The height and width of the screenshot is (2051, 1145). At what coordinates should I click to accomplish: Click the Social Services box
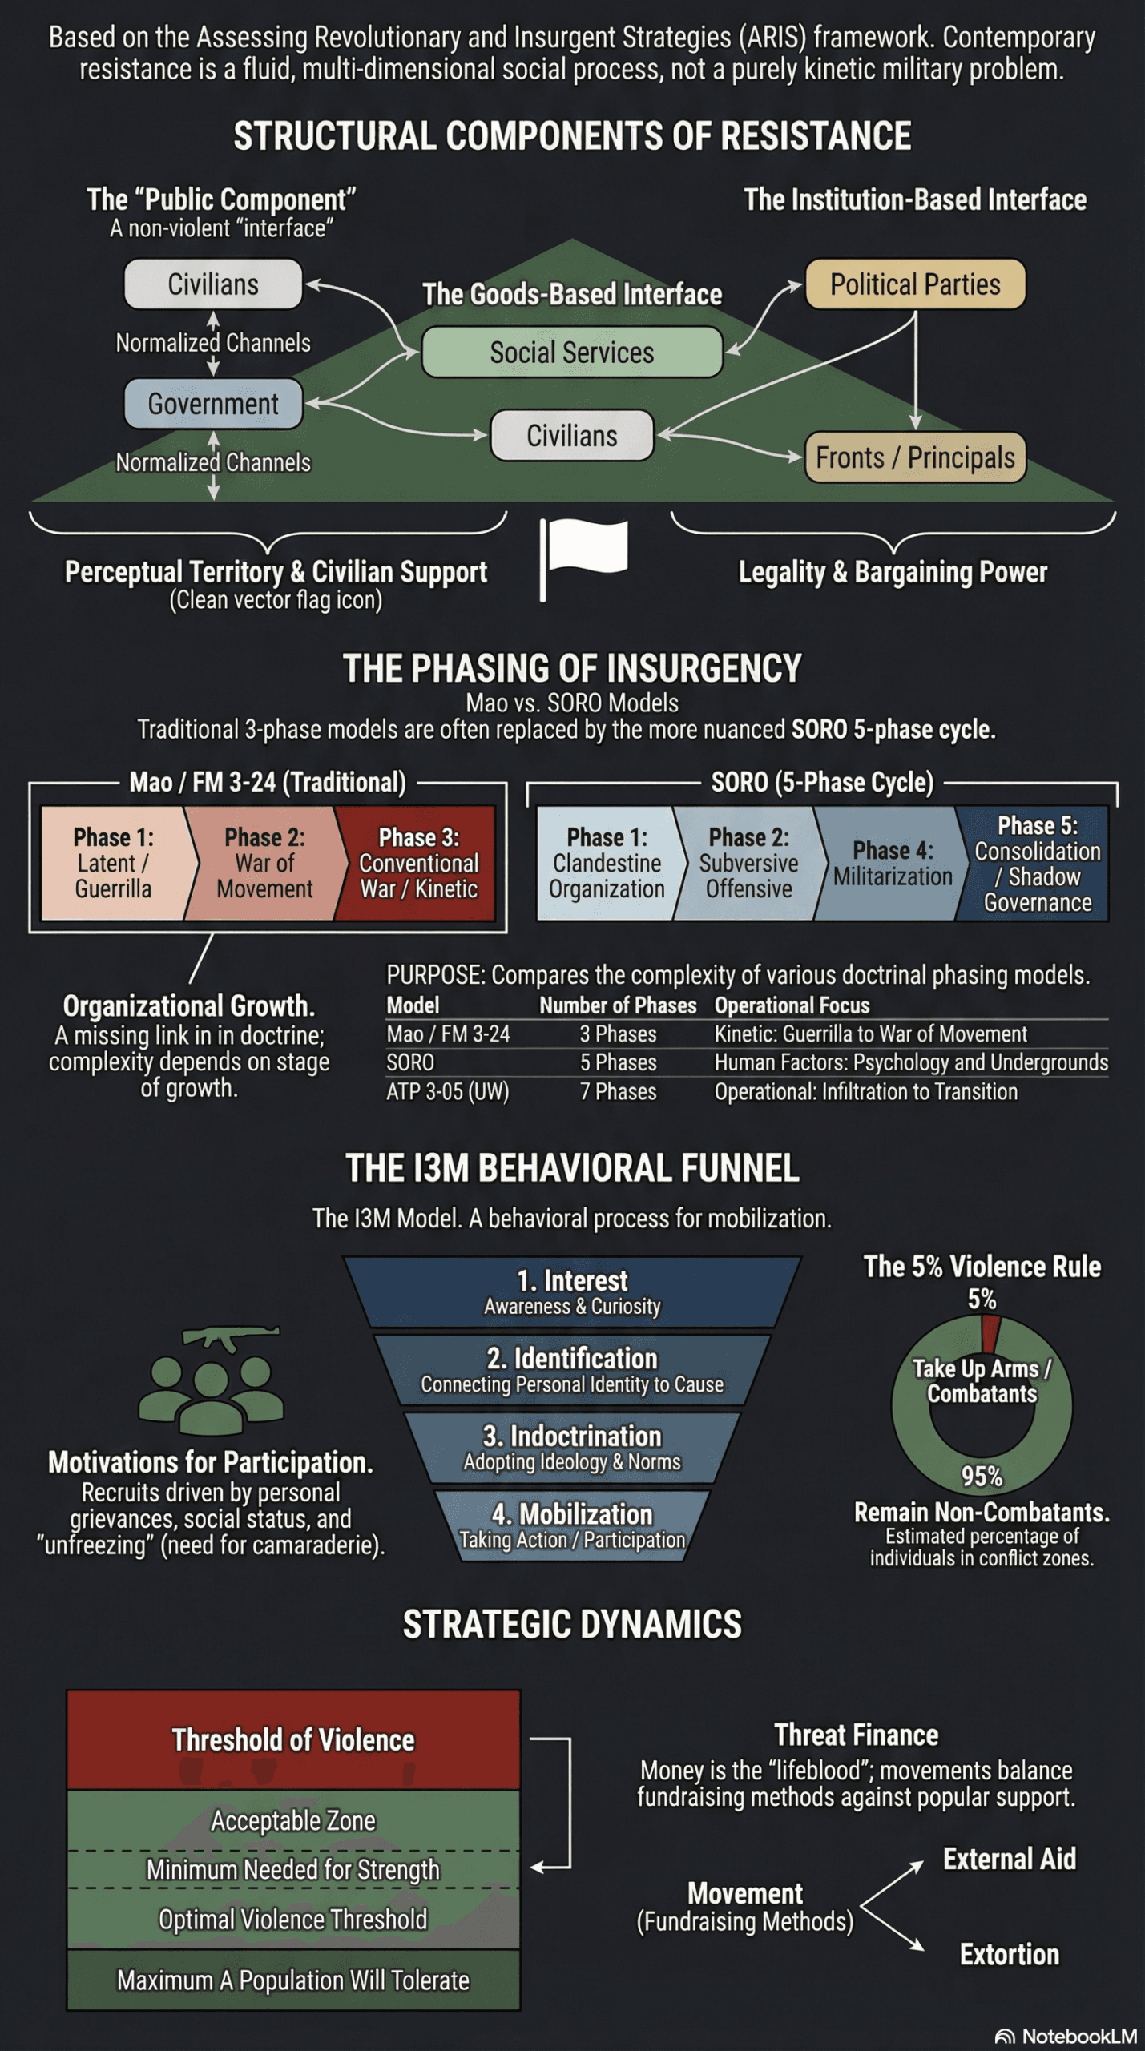(x=572, y=353)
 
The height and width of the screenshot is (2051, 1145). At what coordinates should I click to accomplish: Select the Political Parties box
(x=915, y=284)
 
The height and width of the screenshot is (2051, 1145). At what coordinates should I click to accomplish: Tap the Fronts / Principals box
(x=915, y=458)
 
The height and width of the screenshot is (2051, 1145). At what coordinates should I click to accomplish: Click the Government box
(x=213, y=404)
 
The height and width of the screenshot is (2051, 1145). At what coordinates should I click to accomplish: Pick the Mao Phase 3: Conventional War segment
(x=419, y=864)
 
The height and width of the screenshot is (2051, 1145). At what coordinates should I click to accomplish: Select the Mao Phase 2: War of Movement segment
(x=264, y=864)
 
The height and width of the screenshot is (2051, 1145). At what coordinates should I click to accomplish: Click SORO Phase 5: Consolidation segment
(x=1037, y=864)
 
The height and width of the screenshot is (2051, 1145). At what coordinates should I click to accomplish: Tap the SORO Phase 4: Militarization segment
(x=892, y=864)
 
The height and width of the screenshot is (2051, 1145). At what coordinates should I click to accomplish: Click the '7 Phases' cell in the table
(x=618, y=1091)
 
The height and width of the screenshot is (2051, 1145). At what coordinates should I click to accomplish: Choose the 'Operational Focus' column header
(x=792, y=1005)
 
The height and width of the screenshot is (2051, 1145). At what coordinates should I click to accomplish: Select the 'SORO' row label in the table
(x=410, y=1062)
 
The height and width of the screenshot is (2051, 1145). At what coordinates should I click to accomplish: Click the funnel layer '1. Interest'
(x=572, y=1291)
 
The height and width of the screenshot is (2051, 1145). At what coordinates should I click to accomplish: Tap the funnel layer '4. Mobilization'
(x=572, y=1525)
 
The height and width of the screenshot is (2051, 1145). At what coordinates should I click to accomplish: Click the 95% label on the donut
(x=982, y=1476)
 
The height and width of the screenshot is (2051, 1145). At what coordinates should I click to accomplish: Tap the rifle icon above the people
(x=231, y=1336)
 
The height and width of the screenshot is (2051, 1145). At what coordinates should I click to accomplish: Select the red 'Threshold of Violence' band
(x=293, y=1740)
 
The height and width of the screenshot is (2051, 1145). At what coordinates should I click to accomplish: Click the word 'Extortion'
(x=1010, y=1954)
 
